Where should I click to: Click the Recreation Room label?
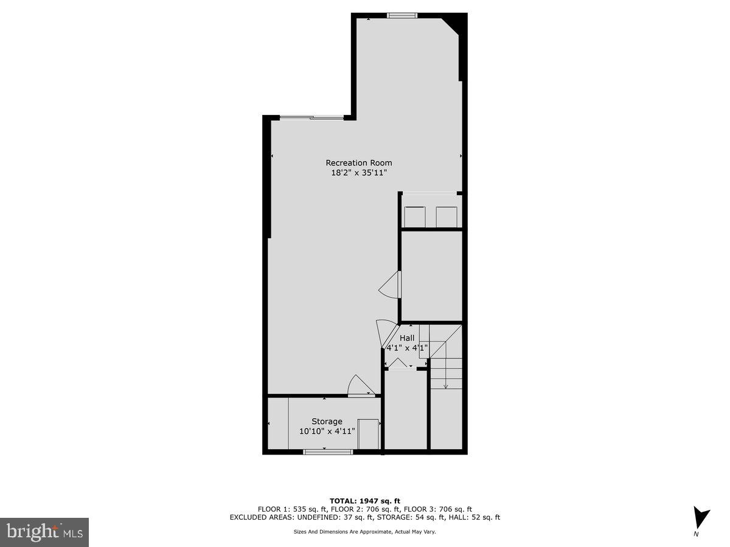click(359, 163)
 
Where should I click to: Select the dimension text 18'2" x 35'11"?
click(359, 173)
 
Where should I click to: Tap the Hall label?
click(407, 338)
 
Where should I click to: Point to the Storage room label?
click(327, 421)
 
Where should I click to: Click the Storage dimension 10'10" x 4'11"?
click(327, 432)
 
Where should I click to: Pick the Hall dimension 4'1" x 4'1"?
click(407, 348)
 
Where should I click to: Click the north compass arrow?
click(701, 518)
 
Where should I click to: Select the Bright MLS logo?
click(44, 532)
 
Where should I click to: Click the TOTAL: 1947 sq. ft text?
click(364, 500)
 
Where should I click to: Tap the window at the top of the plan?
click(402, 15)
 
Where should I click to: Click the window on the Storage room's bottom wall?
click(328, 452)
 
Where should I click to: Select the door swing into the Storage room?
click(361, 386)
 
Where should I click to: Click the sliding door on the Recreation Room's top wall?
click(311, 117)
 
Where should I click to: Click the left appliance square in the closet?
click(415, 216)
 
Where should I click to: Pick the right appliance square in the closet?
click(446, 216)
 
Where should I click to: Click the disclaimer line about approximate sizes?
click(364, 532)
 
